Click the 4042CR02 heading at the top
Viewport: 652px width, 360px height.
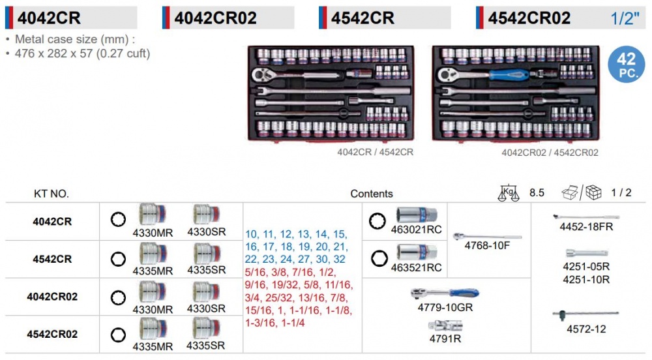pos(215,18)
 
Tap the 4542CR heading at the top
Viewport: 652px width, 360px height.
pos(363,18)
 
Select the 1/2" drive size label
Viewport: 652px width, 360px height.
pos(625,18)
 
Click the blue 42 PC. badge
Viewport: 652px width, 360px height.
pos(627,64)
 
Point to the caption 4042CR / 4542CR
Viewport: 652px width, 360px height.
pos(375,152)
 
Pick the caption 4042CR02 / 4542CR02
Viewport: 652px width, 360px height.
pos(550,153)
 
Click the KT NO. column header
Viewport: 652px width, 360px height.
pos(51,194)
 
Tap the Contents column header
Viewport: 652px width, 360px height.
pos(372,194)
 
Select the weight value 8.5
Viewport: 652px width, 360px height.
pos(537,192)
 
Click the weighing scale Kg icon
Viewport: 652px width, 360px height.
pos(509,193)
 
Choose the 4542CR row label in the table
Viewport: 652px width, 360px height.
pos(52,259)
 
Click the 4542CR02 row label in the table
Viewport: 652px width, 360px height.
pos(52,334)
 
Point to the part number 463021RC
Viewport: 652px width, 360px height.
pos(416,230)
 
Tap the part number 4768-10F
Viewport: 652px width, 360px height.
pos(487,245)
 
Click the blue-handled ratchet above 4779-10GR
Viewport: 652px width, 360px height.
pos(445,293)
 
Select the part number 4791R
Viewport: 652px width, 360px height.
pos(445,338)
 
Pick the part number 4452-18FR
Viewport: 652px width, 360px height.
pos(586,226)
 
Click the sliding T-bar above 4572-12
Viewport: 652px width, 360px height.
pos(585,314)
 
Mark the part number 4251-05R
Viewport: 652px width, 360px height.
pos(586,267)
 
